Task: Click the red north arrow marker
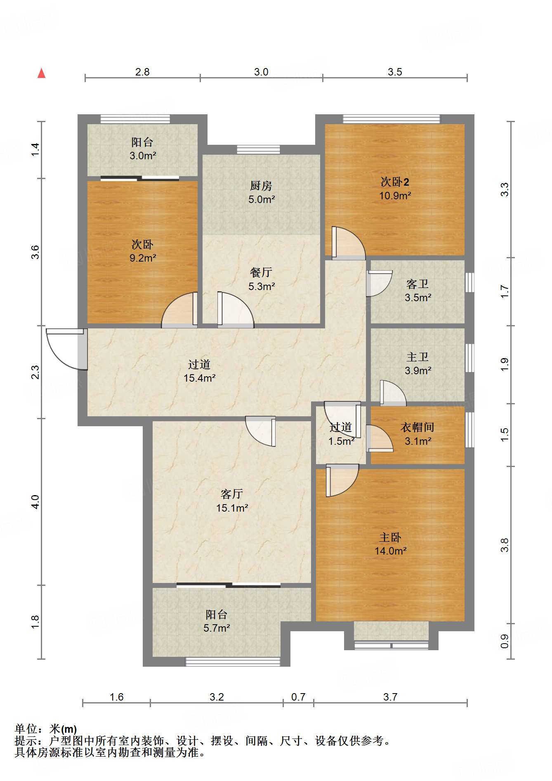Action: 41,73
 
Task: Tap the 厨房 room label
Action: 261,186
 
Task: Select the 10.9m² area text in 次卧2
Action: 395,196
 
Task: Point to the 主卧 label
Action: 390,537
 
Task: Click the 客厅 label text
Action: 232,494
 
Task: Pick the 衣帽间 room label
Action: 418,427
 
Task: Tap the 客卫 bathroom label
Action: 418,284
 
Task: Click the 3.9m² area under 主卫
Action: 418,370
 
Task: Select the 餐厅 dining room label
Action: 261,272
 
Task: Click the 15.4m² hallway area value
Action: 200,378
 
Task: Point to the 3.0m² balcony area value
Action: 143,156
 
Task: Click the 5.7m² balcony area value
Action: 217,628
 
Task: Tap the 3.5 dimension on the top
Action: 395,72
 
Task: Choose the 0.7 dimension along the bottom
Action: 298,697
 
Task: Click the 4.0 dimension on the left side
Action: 35,502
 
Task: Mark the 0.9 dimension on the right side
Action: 504,641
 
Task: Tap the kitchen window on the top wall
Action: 258,149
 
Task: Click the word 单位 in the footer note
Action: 26,729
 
